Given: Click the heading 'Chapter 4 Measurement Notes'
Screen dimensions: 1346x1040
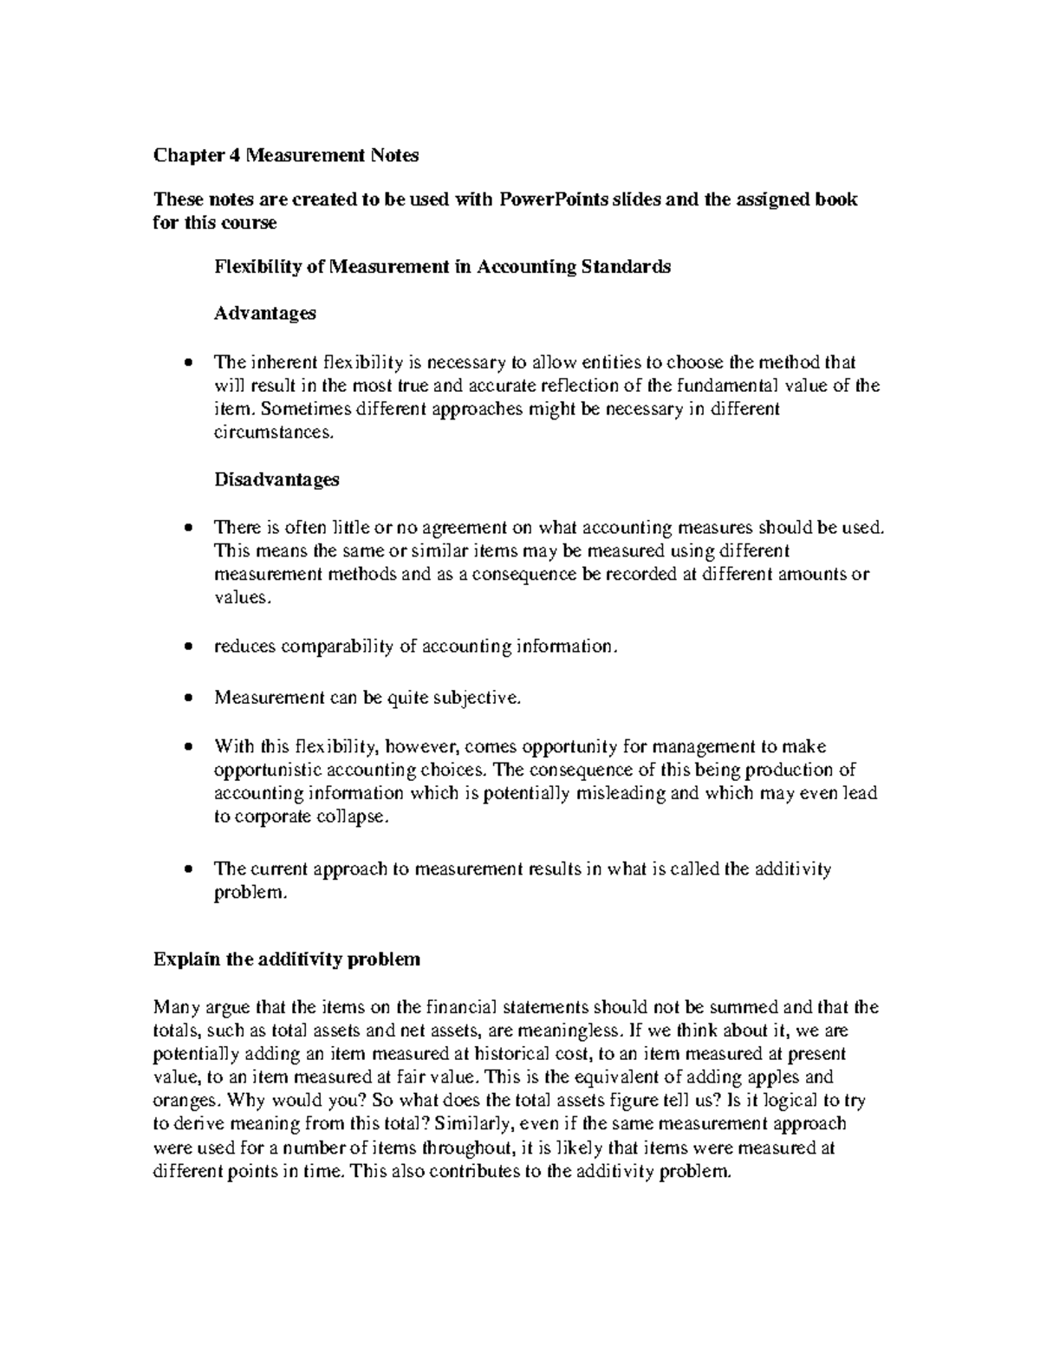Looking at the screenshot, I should click(286, 155).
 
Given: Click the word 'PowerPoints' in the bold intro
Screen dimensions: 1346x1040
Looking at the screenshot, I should click(553, 199).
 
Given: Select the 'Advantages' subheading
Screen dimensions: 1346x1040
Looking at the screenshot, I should click(264, 313).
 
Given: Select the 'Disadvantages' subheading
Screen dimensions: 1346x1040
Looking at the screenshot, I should click(276, 479).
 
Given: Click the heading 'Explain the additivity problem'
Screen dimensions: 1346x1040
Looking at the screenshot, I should click(286, 959).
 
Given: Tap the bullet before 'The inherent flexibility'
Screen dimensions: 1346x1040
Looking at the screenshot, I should click(190, 364).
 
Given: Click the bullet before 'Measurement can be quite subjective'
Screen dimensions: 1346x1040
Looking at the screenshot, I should click(190, 698).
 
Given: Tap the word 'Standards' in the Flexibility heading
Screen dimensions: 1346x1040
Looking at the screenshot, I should click(631, 267).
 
